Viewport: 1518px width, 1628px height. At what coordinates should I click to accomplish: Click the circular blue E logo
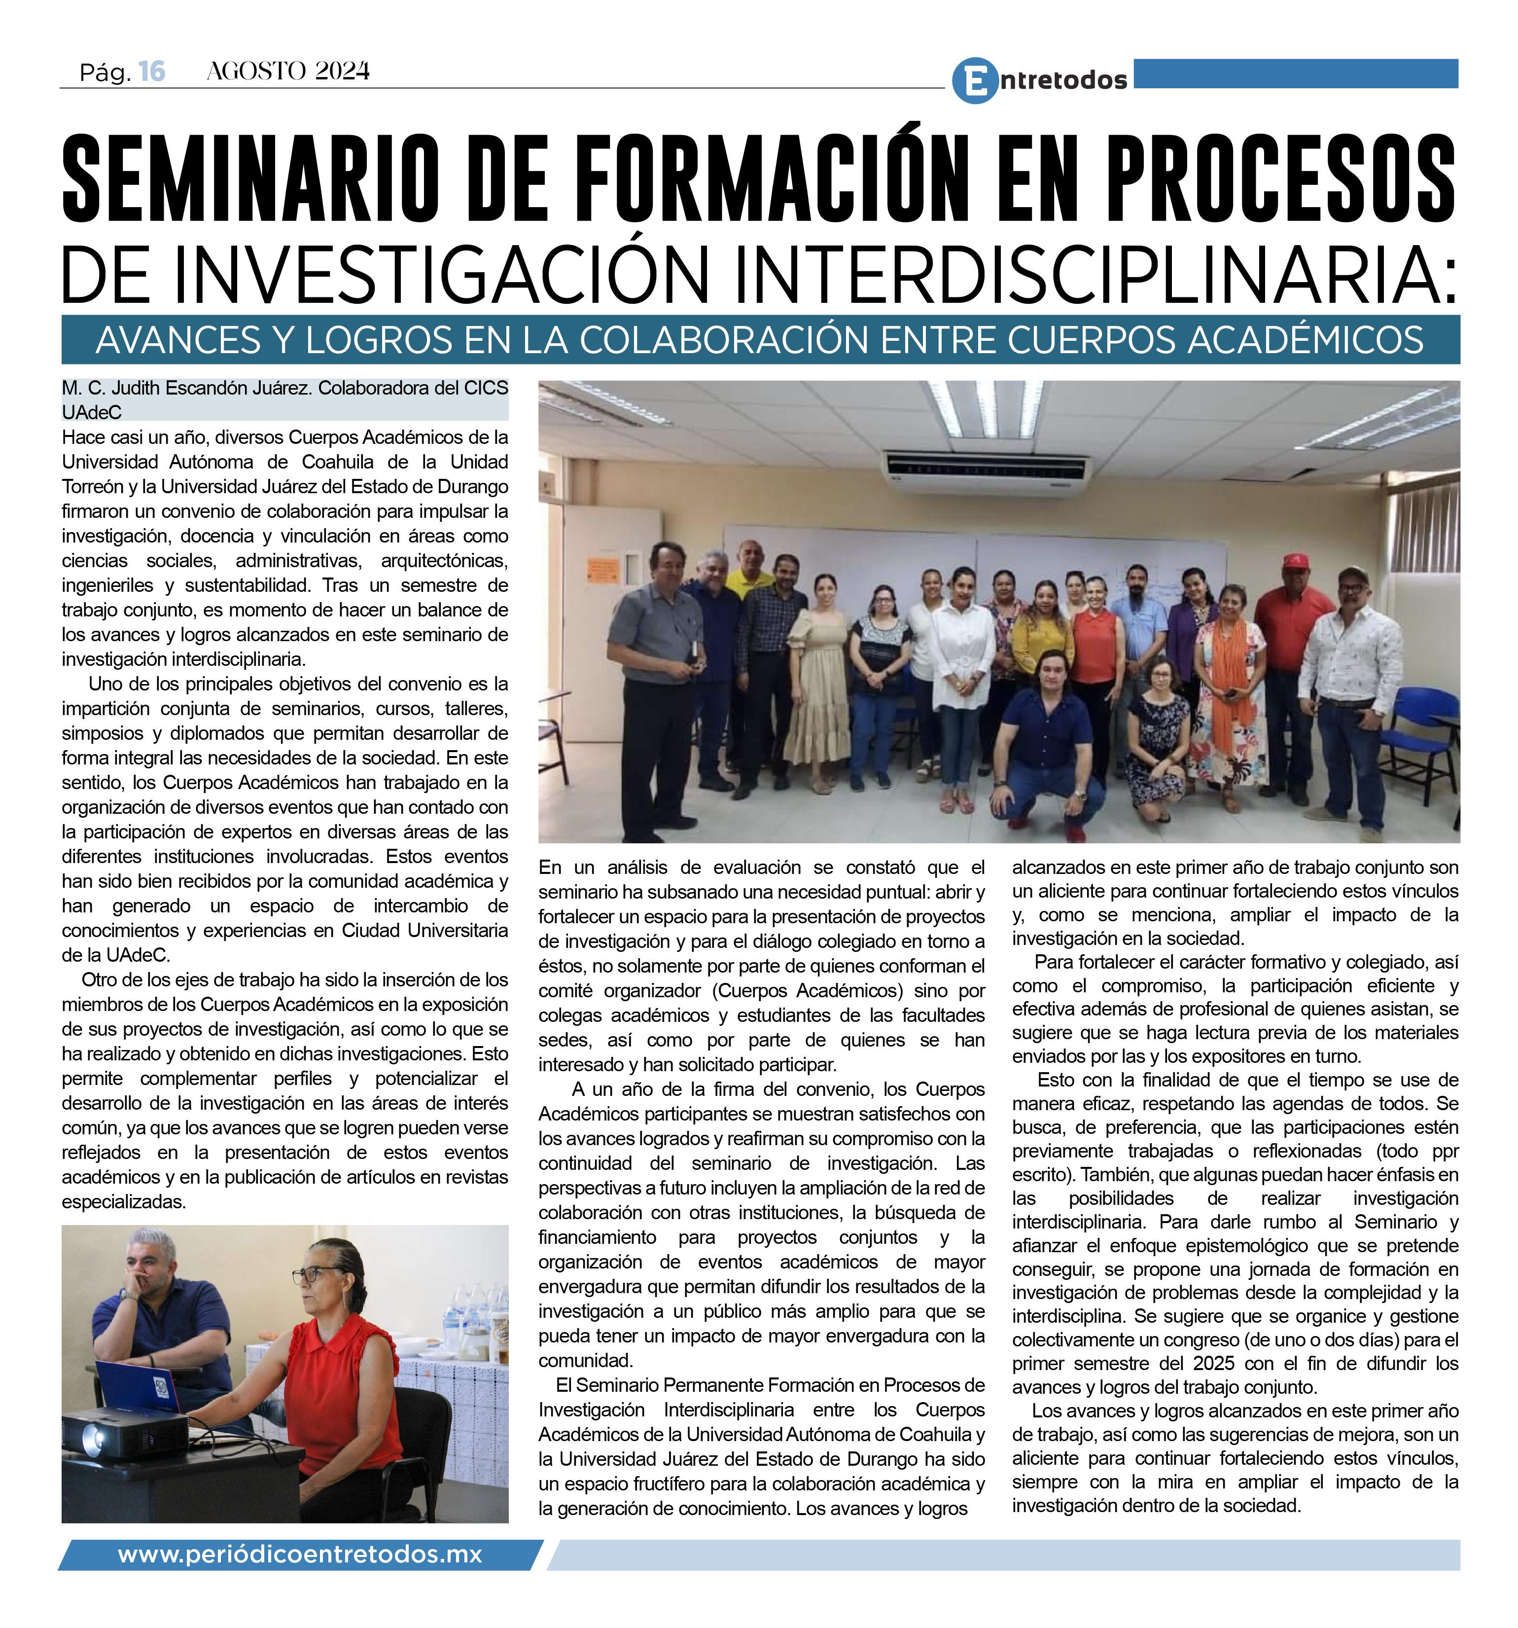click(x=974, y=80)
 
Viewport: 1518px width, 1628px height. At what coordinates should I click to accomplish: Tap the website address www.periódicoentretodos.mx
click(x=300, y=1555)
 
